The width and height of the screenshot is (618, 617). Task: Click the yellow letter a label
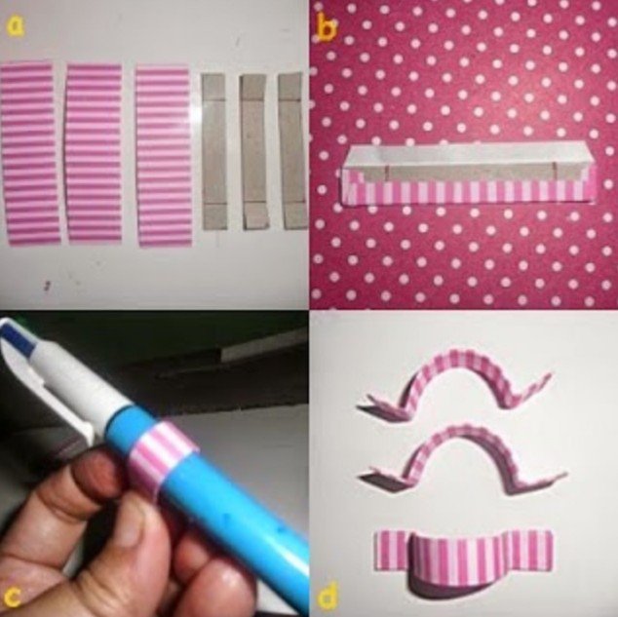(16, 26)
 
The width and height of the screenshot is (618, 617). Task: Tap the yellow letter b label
(327, 28)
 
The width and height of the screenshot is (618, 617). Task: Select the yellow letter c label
(12, 598)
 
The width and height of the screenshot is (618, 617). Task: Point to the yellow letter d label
(328, 595)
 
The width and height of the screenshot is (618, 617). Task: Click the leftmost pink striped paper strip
(29, 154)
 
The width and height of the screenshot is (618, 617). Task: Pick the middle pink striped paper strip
(95, 154)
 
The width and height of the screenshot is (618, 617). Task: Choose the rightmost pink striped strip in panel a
(164, 156)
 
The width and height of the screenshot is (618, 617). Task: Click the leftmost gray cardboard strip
(214, 152)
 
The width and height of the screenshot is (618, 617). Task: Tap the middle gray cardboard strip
(253, 152)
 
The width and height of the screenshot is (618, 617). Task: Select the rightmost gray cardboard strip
(293, 151)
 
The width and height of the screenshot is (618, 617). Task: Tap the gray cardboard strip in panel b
(469, 173)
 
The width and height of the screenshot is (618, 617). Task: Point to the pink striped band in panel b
(469, 191)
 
